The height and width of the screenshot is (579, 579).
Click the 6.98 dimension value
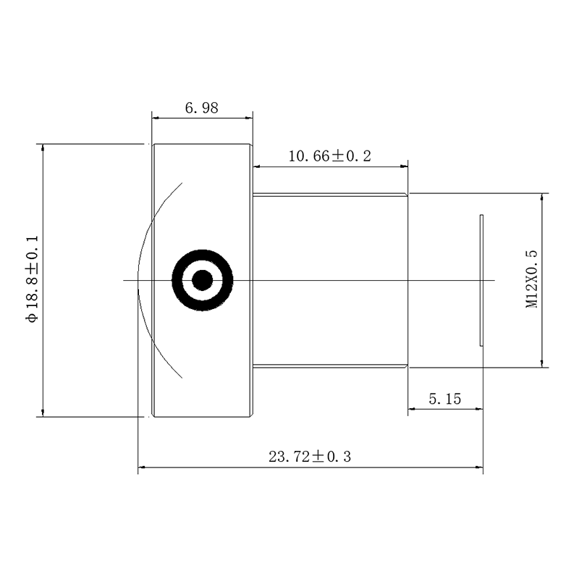pos(202,108)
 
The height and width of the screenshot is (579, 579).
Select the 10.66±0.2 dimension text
pos(330,156)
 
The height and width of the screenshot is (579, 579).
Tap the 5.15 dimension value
pos(445,399)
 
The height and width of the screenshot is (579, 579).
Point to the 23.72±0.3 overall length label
pos(310,457)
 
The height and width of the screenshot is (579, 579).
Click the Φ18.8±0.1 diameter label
pos(32,279)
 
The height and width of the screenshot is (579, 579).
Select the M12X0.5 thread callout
pos(532,279)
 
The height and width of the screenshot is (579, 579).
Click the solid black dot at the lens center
pos(203,280)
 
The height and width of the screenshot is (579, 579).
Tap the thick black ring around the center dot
pos(203,255)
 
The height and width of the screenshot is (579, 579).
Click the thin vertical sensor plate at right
pos(481,280)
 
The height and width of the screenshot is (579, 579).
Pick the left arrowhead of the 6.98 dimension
pos(156,118)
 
